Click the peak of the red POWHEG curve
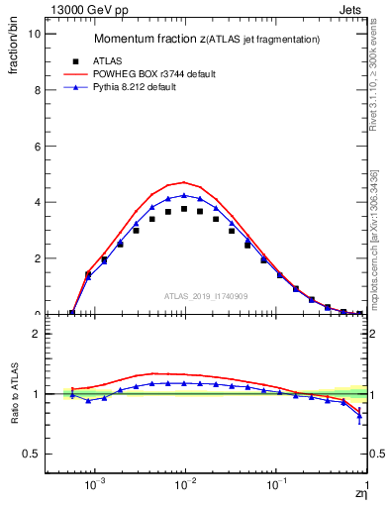[x=184, y=182]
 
